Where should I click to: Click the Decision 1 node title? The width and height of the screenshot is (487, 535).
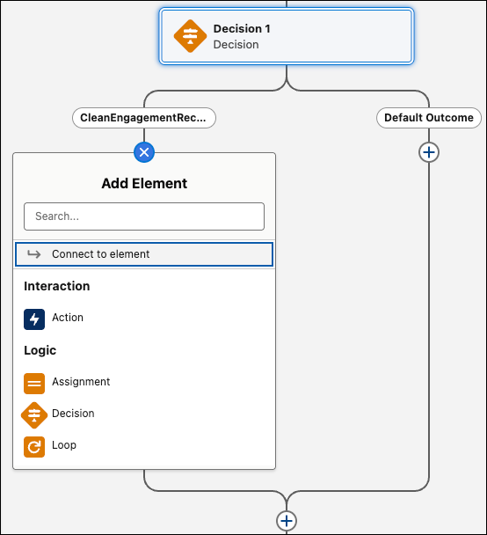[242, 29]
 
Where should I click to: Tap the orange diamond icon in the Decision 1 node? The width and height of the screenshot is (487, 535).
[190, 36]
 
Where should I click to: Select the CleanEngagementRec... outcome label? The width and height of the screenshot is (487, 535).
[144, 118]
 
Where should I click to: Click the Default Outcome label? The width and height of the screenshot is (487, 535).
[429, 118]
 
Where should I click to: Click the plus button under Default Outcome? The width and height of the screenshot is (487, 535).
[429, 152]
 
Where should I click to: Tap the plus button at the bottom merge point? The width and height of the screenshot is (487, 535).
[287, 521]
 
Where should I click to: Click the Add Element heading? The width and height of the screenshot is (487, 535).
[144, 183]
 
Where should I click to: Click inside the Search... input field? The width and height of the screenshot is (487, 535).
[144, 216]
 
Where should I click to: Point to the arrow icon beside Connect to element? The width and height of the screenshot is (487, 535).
[34, 254]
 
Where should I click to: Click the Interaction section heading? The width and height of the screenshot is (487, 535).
[57, 286]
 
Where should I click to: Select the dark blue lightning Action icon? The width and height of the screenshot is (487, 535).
[34, 319]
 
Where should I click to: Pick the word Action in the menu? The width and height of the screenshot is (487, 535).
[68, 318]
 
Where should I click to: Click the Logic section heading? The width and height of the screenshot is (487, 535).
[40, 350]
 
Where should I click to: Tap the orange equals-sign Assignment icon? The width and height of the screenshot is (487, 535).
[34, 384]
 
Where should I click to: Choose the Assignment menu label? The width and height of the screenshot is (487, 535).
[81, 382]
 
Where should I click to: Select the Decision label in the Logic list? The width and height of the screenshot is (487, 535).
[73, 414]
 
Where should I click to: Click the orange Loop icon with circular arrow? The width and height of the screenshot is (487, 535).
[34, 447]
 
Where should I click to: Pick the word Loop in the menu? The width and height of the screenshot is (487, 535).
[64, 445]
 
